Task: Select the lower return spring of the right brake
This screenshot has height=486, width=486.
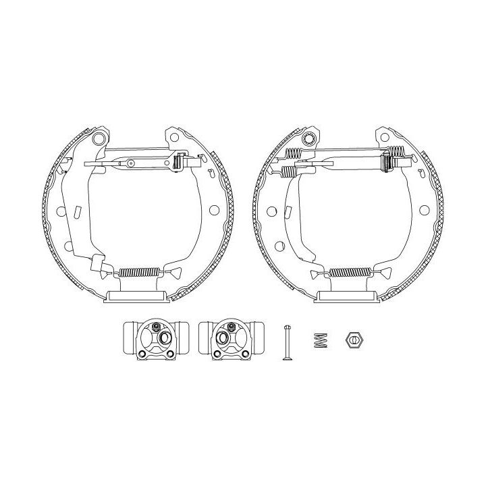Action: pyautogui.click(x=351, y=273)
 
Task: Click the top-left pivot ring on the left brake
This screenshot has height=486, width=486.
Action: pyautogui.click(x=99, y=140)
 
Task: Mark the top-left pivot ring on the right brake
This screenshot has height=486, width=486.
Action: pyautogui.click(x=310, y=140)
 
